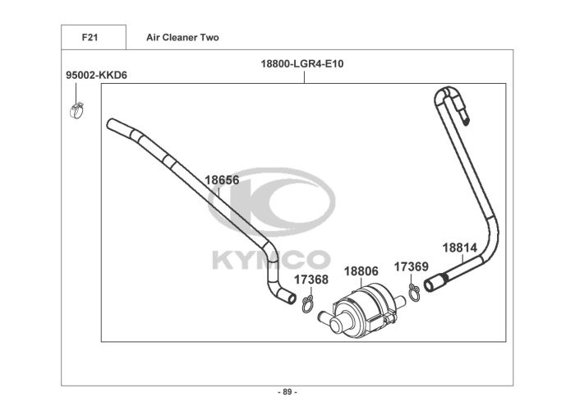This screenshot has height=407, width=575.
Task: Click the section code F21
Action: (x=90, y=38)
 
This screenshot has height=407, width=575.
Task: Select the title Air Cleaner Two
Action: (x=182, y=38)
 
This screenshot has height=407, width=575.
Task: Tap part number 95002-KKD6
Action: (x=96, y=76)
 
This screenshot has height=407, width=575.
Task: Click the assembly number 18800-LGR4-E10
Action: (x=302, y=64)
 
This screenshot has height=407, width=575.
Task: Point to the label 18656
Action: (x=222, y=180)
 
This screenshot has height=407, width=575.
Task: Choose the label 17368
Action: (x=311, y=280)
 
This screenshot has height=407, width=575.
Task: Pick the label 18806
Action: (x=361, y=271)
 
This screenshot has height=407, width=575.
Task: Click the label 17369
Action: (x=411, y=266)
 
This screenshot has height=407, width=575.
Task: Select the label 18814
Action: (x=460, y=248)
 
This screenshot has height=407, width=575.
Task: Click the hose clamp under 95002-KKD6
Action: (x=76, y=110)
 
